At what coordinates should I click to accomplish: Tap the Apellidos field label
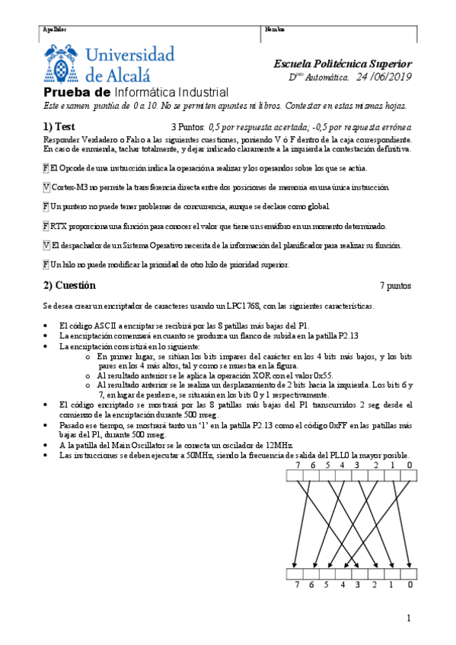(x=54, y=30)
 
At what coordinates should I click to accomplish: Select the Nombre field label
(x=274, y=30)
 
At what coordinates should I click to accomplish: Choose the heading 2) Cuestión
(x=69, y=286)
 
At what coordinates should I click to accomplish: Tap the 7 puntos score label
(x=395, y=287)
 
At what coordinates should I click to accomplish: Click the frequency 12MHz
(x=276, y=444)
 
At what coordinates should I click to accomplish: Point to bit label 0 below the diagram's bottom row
(x=410, y=584)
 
